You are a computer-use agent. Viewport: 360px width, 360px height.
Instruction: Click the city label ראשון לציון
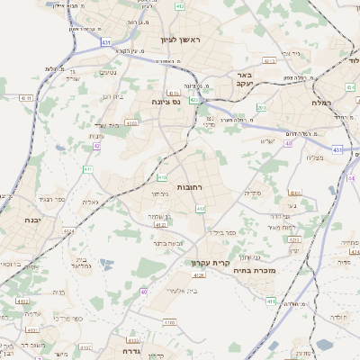[x=184, y=40]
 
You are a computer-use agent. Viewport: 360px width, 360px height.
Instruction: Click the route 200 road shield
[x=261, y=108]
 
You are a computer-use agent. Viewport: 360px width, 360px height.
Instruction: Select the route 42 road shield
[x=96, y=146]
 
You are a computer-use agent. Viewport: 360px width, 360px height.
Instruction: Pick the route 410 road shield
[x=162, y=164]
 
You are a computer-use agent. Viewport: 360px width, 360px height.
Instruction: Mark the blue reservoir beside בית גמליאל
[x=106, y=265]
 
